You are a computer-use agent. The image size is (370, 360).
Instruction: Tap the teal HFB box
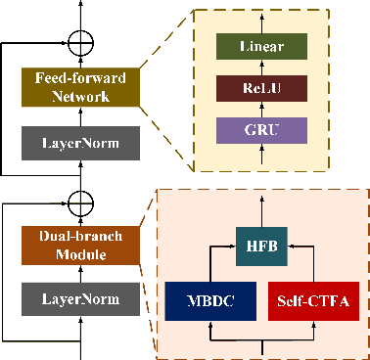point(264,247)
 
